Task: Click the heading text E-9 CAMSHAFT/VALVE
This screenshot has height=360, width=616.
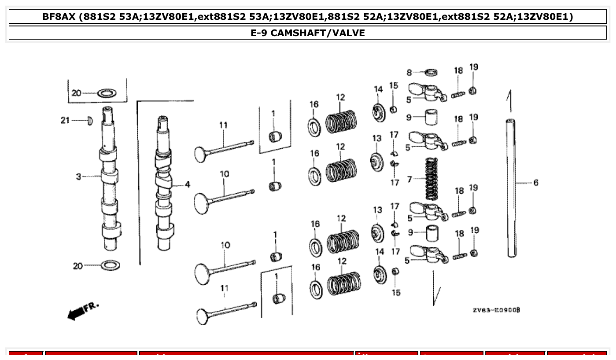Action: click(308, 33)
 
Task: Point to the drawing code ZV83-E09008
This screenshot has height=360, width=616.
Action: click(496, 310)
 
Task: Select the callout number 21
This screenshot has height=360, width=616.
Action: click(65, 121)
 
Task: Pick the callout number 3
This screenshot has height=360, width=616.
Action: click(78, 177)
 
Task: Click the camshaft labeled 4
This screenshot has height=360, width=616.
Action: click(164, 185)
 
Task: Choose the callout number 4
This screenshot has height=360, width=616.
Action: click(187, 185)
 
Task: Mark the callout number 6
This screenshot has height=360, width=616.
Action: click(535, 183)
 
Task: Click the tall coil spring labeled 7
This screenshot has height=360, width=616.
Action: click(432, 179)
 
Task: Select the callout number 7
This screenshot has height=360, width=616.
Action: click(409, 179)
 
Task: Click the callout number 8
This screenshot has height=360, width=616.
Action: click(409, 73)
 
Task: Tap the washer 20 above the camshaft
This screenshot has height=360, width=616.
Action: click(106, 93)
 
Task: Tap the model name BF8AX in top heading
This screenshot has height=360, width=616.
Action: click(59, 17)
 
